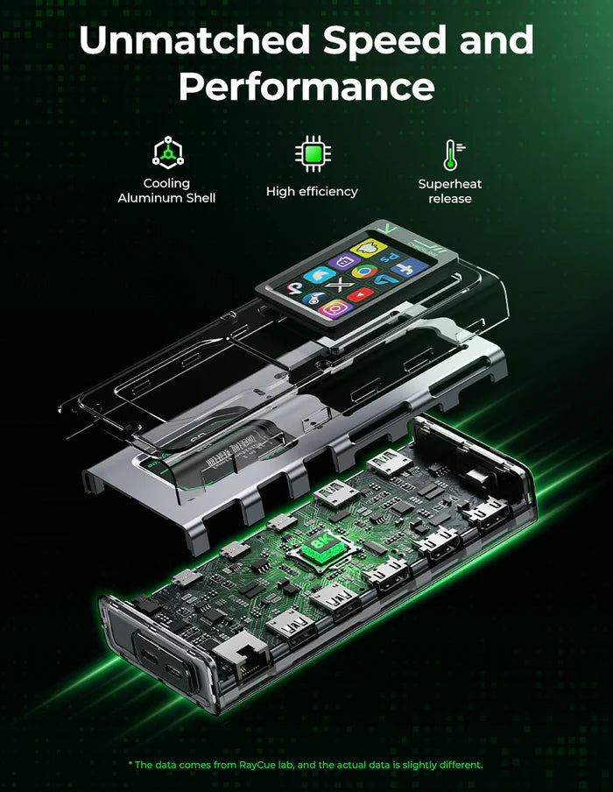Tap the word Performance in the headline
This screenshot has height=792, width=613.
pos(306,87)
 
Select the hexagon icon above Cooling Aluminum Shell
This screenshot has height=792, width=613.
pos(166,154)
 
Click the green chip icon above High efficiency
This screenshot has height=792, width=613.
pos(312,154)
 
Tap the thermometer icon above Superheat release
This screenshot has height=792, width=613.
pos(450,154)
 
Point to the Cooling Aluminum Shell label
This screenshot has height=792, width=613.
pos(166,190)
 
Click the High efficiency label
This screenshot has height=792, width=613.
pos(312,191)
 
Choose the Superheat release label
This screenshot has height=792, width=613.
pos(450,191)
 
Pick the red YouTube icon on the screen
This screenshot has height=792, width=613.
pos(359,294)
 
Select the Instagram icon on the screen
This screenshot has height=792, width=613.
pos(335,308)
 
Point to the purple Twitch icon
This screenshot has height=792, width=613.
pos(343,259)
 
